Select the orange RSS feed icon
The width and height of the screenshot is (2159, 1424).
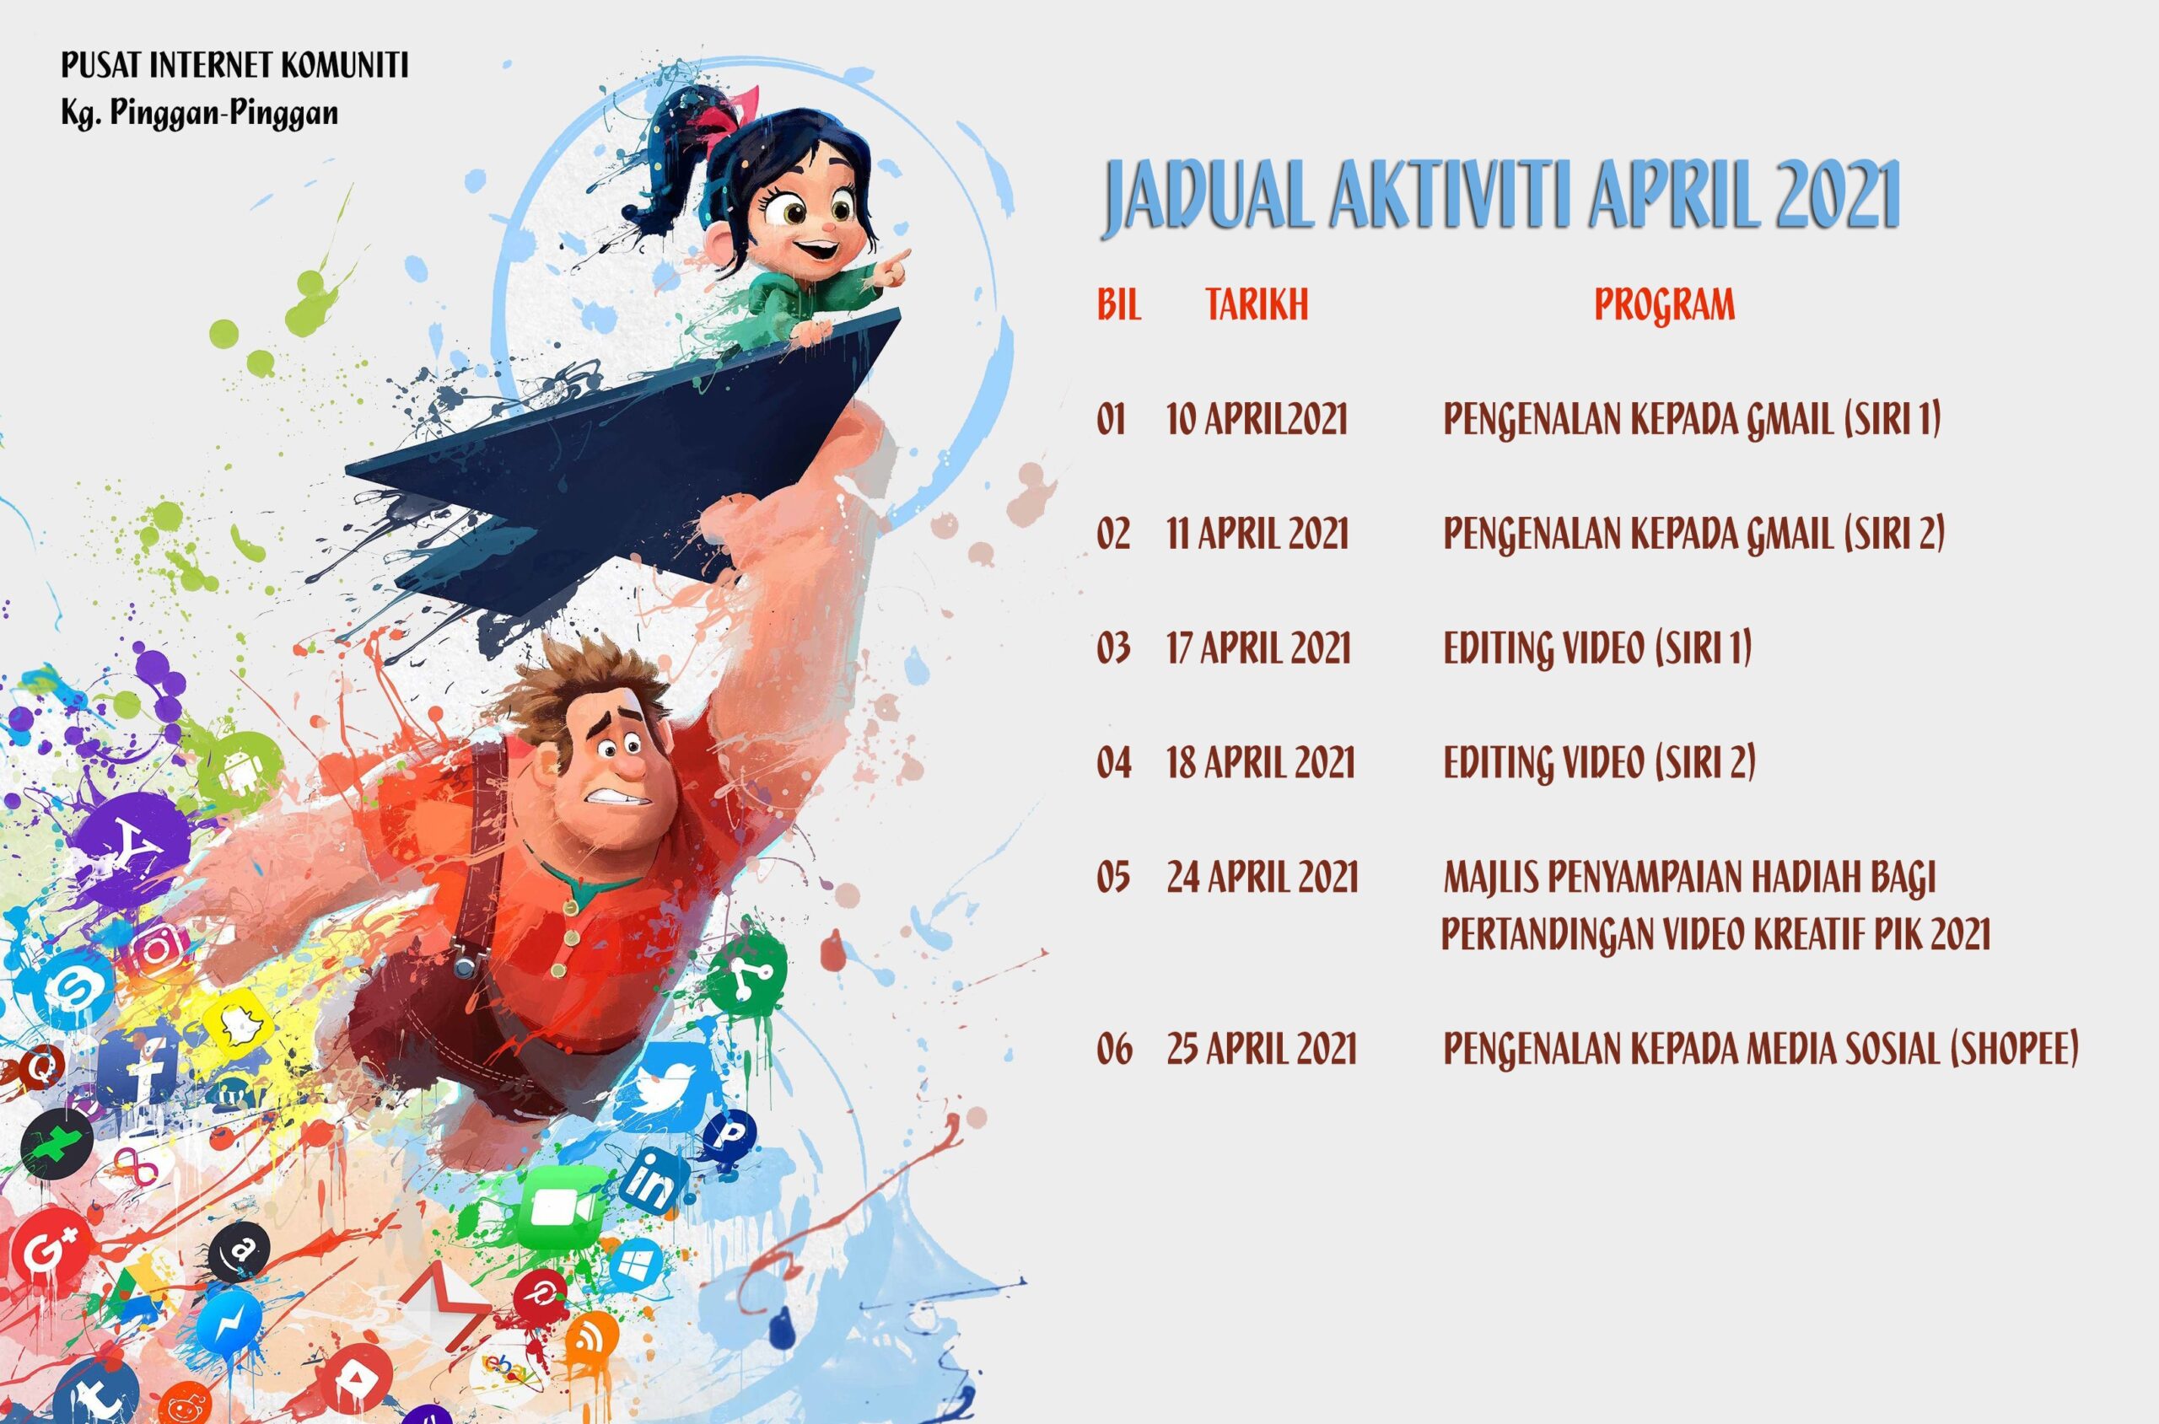coord(591,1338)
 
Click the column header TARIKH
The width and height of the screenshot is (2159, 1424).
coord(1257,305)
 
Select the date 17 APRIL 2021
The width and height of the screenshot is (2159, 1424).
coord(1259,648)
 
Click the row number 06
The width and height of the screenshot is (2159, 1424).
coord(1114,1049)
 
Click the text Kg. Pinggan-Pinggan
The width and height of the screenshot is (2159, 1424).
coord(200,114)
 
